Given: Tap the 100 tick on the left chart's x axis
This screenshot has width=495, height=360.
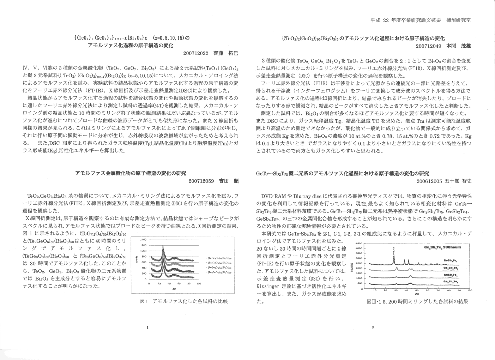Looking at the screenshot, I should coord(199,283).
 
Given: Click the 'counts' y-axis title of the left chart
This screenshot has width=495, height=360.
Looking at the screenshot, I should coord(136,260).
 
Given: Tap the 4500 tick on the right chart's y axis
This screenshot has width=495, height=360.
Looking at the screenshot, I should coord(360,243).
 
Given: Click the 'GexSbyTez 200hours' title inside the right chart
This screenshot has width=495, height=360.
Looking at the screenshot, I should coord(443,247).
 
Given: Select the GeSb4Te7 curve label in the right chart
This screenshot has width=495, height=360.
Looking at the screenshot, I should coord(451,268).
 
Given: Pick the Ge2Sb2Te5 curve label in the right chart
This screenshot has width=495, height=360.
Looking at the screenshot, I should coord(451,281).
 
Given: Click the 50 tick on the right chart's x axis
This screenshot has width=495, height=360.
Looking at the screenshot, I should coord(417,290).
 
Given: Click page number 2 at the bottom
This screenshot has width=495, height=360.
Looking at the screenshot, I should coord(373,328).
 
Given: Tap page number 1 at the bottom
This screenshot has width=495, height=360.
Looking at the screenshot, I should coord(147,328).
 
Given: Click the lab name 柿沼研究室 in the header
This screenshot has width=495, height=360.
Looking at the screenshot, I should coord(459,20).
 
